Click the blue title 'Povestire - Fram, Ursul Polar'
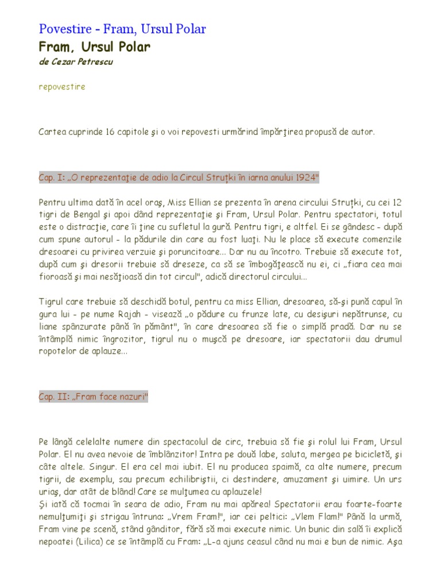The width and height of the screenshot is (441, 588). pyautogui.click(x=122, y=29)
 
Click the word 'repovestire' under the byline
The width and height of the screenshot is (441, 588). pyautogui.click(x=62, y=87)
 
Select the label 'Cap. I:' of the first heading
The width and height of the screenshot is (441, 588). pyautogui.click(x=52, y=177)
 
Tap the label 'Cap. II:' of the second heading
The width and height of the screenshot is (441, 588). pyautogui.click(x=54, y=397)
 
